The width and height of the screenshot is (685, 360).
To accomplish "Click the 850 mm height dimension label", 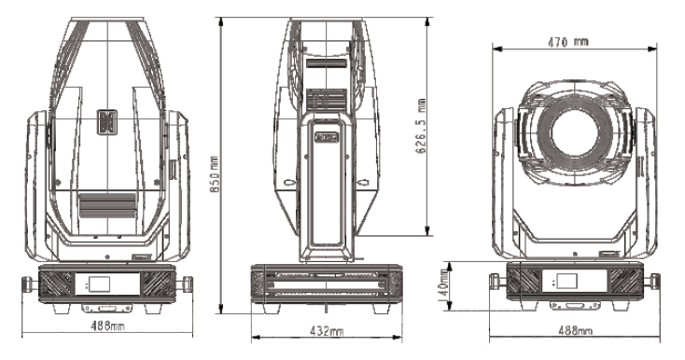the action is coord(215,174).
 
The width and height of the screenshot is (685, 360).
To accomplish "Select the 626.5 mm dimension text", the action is coord(421,126).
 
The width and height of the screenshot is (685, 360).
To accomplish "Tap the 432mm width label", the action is coord(327,331).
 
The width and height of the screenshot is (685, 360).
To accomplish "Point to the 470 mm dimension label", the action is coord(568,42).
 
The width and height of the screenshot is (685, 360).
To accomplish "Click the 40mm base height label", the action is coord(444,283).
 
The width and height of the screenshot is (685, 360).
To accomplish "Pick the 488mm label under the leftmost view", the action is coord(107,325).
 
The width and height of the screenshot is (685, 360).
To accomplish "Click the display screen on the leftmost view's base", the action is coord(99,284).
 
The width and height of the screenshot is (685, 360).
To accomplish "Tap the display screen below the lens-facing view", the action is coord(567,281).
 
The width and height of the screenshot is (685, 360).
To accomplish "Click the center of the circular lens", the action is coord(574,132).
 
